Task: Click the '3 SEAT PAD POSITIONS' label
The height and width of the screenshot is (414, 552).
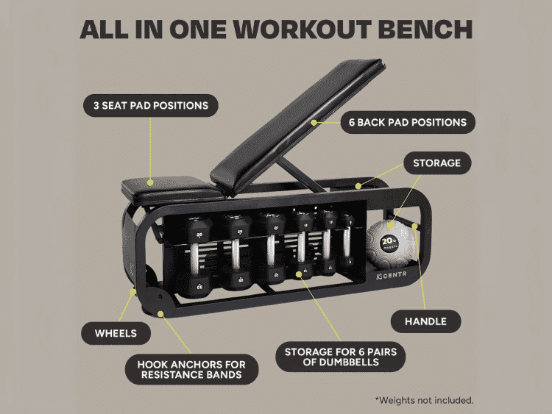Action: coord(150,105)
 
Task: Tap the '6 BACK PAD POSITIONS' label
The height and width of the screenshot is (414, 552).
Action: coord(407,121)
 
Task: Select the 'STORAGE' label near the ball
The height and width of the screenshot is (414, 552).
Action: coord(437,163)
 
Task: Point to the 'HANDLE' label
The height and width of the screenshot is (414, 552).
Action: coord(425,321)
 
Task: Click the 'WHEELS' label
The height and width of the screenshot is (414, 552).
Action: coord(116,333)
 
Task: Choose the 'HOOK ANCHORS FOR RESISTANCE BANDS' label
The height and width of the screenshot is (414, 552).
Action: coord(191,370)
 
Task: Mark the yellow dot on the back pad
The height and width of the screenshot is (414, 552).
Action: coord(314,121)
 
